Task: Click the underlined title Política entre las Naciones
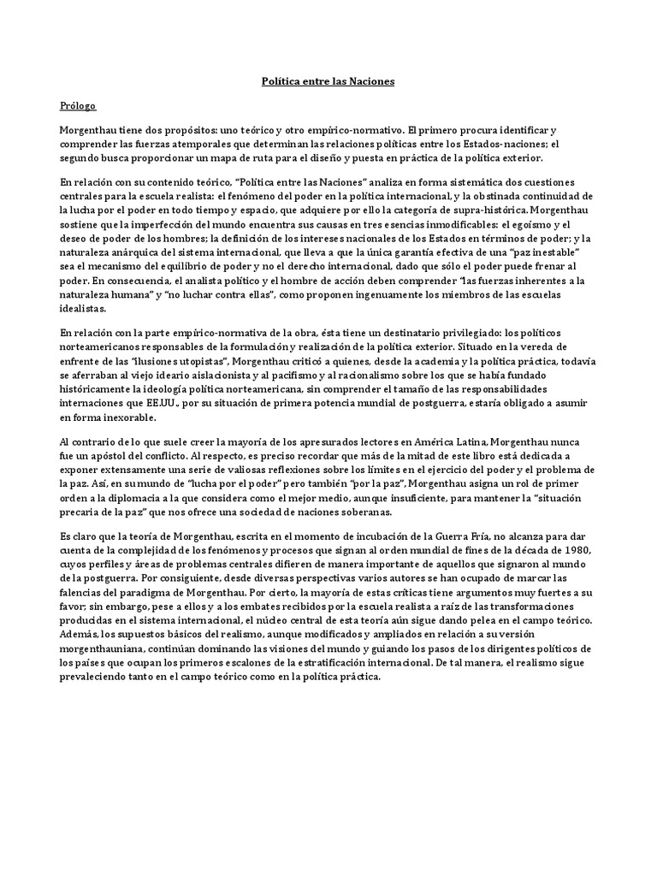(328, 81)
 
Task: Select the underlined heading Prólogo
(77, 106)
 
